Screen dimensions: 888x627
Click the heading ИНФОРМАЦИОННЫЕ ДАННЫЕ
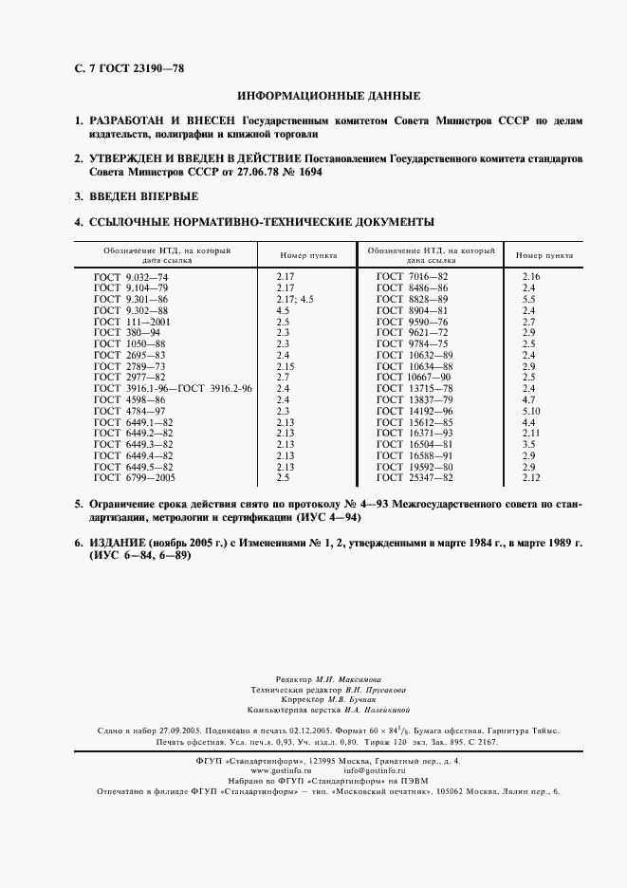point(327,96)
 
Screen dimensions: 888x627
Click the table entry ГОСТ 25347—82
point(415,478)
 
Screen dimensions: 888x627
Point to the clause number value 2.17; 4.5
point(292,298)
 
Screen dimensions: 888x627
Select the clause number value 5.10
point(529,411)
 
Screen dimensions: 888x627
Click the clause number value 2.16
point(529,275)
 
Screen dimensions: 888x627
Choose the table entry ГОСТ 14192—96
point(415,411)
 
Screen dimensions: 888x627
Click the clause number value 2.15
point(286,365)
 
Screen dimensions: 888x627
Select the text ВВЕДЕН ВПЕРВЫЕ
point(143,196)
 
